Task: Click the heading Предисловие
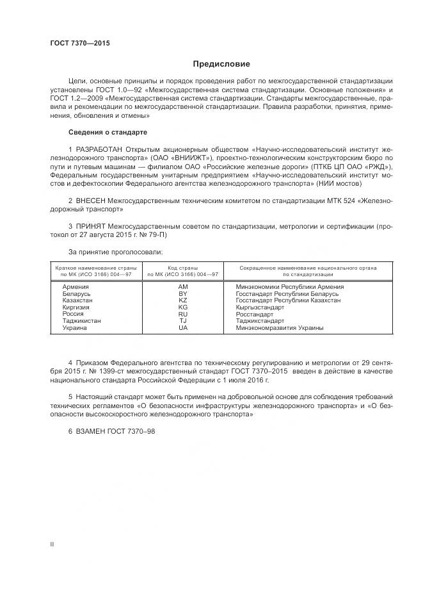(x=222, y=64)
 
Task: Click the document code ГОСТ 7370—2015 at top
(x=80, y=43)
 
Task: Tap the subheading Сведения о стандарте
(x=108, y=132)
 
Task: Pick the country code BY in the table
(x=182, y=293)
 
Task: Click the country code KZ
(x=182, y=300)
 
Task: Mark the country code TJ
(x=182, y=321)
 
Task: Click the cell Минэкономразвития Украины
(x=279, y=328)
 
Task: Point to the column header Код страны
(x=182, y=267)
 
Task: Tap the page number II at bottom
(x=52, y=544)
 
